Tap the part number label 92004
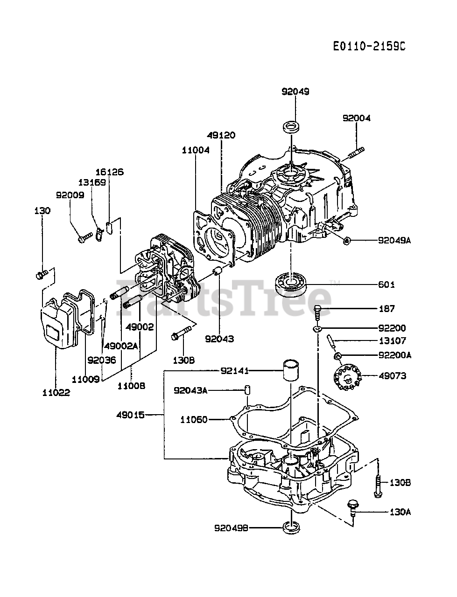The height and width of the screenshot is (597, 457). coord(356,118)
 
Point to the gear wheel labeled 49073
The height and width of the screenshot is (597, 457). coord(347,377)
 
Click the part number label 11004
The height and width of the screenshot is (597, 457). coord(196,150)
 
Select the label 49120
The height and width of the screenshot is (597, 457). coord(221,135)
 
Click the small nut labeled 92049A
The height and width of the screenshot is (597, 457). coord(346,240)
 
